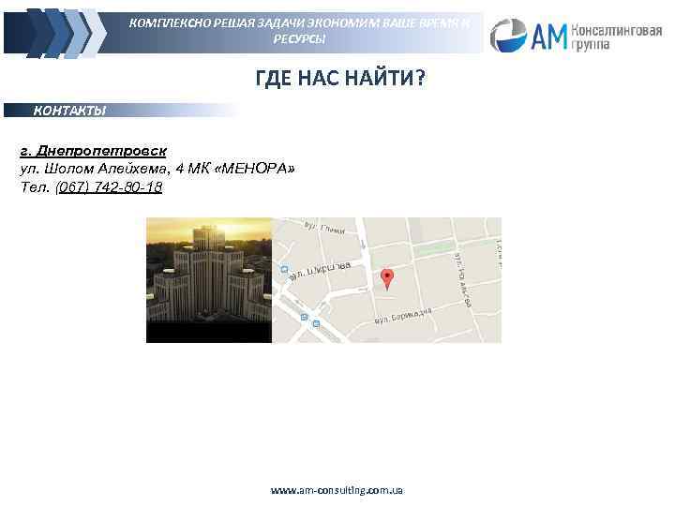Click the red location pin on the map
(387, 278)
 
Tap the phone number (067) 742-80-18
(109, 187)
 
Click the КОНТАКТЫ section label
(70, 111)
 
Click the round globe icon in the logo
(509, 36)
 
